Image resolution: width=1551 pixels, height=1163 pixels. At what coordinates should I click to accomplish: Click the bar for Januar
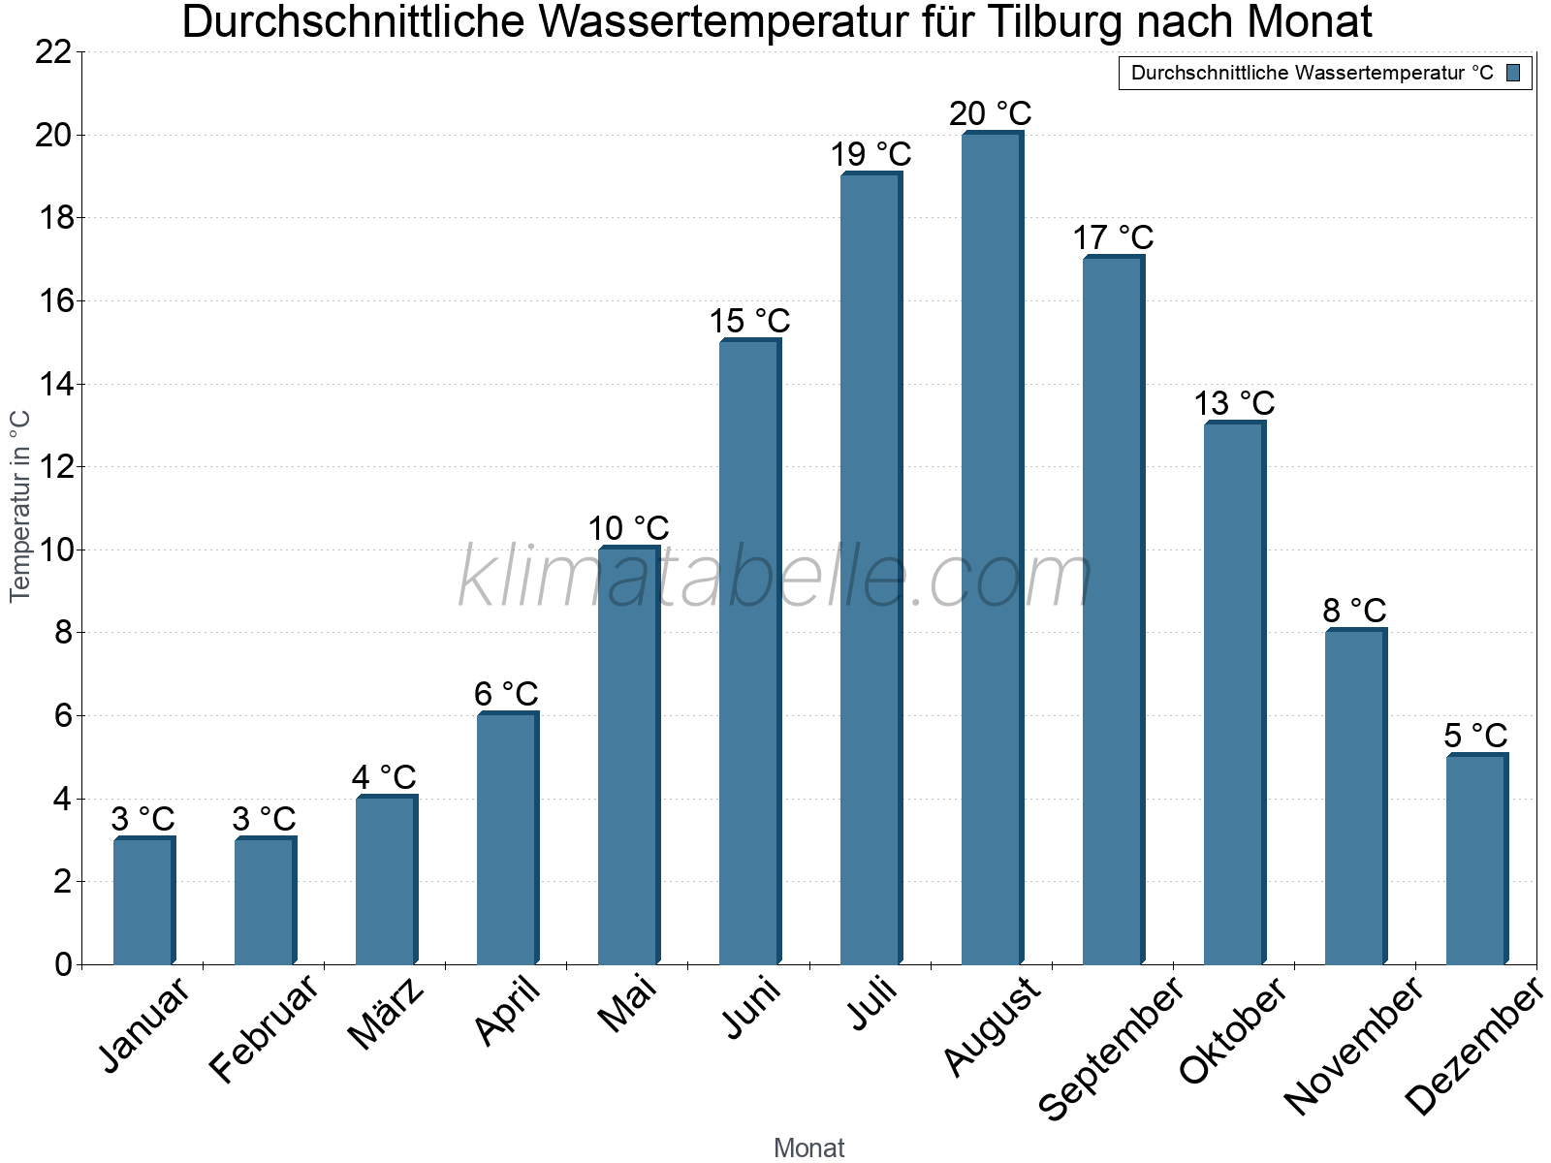click(143, 900)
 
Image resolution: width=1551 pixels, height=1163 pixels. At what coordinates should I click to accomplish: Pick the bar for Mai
click(628, 756)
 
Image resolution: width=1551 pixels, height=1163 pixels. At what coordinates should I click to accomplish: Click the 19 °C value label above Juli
click(870, 154)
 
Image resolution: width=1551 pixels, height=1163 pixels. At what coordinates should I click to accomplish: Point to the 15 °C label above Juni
click(749, 321)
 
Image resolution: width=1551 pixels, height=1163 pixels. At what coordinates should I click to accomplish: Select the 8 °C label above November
click(1354, 611)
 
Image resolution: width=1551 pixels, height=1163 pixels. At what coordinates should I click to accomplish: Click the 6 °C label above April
click(506, 694)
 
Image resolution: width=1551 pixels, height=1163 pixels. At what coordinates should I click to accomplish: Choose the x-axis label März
click(387, 1014)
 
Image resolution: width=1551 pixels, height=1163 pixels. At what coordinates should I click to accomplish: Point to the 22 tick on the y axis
click(53, 52)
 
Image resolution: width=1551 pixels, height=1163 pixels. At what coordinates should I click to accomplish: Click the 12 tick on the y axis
click(53, 467)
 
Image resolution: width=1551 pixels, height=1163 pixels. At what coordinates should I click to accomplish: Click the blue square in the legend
click(1513, 73)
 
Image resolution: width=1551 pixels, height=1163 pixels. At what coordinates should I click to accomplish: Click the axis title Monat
click(809, 1148)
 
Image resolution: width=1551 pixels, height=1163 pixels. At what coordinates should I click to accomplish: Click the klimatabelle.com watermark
click(775, 578)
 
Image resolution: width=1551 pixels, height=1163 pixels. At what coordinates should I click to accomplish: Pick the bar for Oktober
click(1234, 693)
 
